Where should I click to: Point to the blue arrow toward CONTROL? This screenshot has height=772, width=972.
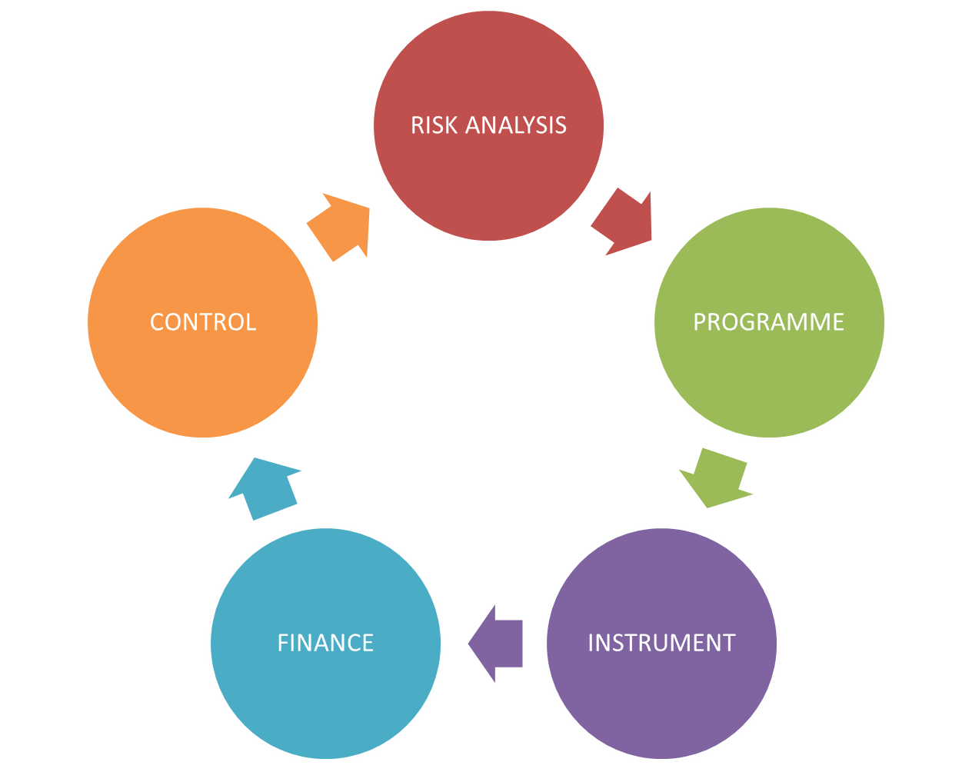click(264, 487)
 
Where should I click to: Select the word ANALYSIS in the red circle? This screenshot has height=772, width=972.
click(517, 125)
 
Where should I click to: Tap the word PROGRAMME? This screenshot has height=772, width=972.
click(769, 321)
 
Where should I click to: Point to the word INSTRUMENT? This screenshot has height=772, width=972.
click(661, 643)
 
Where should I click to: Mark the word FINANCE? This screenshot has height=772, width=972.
click(325, 643)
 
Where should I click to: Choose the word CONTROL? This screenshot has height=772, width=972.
click(202, 321)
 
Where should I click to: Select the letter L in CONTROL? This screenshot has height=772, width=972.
click(249, 321)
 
